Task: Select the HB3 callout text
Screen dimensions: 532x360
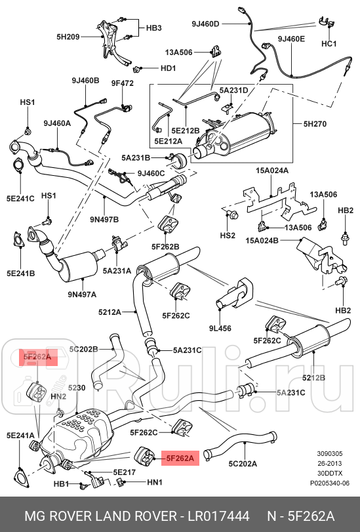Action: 153,28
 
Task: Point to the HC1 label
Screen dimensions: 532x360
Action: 329,44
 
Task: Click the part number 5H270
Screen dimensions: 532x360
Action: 316,123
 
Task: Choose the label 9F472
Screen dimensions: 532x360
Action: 122,83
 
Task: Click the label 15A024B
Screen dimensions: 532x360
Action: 262,241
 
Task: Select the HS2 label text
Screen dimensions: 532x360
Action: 227,235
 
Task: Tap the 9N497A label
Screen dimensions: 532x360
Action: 81,294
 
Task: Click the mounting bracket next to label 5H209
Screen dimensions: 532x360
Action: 106,39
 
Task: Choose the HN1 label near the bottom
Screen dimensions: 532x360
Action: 154,483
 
